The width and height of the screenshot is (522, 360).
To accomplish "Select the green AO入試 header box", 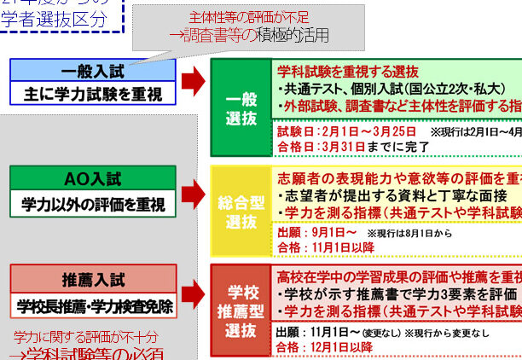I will point(93,179).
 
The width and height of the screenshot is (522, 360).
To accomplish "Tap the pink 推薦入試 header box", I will point(93,280).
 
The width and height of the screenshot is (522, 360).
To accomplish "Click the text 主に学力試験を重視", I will point(93,93).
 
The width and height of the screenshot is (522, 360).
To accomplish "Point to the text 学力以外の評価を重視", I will point(93,203).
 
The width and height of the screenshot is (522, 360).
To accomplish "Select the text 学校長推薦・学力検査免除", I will point(93,305).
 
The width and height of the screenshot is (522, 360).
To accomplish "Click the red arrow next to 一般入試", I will point(194,81).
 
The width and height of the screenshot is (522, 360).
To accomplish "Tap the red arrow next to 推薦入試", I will point(194,292).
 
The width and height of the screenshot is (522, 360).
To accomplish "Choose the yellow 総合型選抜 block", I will point(241,211).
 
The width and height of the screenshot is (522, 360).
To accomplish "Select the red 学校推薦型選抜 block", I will point(241,310).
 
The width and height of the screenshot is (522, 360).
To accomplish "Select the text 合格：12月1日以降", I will point(325,346).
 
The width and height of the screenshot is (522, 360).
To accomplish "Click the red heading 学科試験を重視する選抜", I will point(348,70).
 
